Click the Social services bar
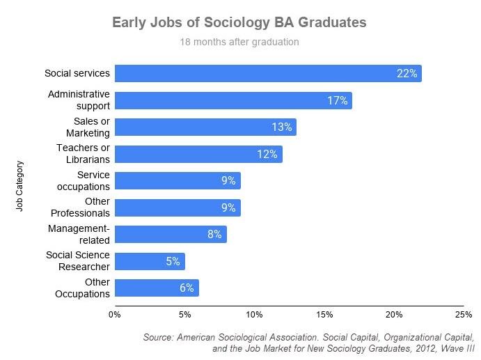pos(268,74)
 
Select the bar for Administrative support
pos(233,100)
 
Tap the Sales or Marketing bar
pos(205,127)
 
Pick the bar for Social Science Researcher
pos(150,261)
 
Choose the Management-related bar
pos(171,234)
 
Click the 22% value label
pos(407,74)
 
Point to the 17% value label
pos(337,100)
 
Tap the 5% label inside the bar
pos(173,262)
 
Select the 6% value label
pos(187,288)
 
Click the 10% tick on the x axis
pos(254,314)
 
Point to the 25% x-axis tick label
pos(463,314)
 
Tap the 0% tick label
pos(115,314)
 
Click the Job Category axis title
pos(20,187)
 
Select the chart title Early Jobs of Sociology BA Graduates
pos(239,23)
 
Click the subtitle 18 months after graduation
pos(239,42)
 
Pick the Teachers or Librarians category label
pos(83,154)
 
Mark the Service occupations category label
pos(84,180)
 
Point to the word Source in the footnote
pos(158,336)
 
